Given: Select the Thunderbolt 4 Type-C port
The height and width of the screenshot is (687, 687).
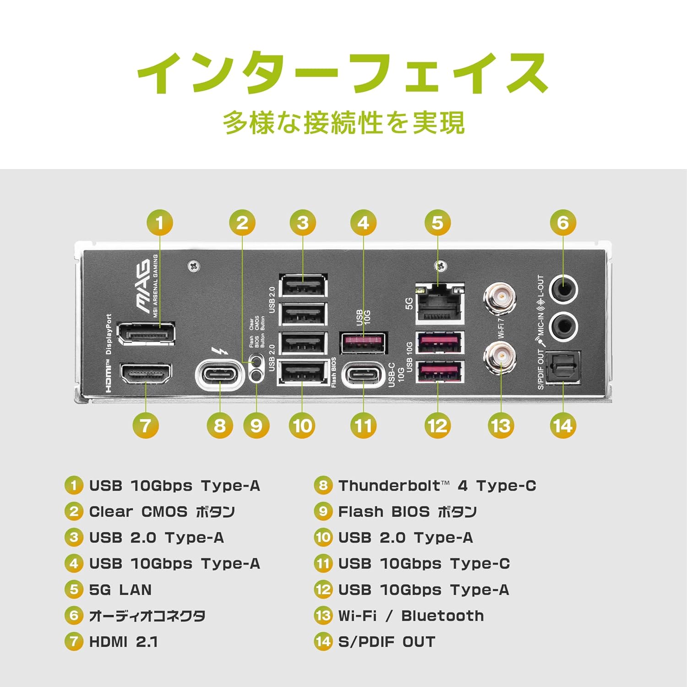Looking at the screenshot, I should (x=220, y=375).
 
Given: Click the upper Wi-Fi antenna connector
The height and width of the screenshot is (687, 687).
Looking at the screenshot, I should (x=501, y=298).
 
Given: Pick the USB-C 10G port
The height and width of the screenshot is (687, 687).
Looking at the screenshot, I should (x=364, y=375).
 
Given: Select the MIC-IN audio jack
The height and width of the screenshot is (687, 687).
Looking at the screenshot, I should (x=563, y=326).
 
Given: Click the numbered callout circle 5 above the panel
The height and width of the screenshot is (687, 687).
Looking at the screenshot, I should (x=437, y=223).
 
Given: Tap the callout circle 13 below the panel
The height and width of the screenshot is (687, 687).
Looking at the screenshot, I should (x=501, y=425).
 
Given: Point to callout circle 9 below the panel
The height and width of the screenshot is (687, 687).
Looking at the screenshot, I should (x=256, y=425).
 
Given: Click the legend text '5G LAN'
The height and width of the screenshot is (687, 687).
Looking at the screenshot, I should (x=120, y=589).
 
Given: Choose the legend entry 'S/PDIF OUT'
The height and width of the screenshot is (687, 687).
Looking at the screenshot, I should (x=387, y=642).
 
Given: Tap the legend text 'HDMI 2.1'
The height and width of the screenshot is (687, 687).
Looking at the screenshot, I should (x=123, y=642).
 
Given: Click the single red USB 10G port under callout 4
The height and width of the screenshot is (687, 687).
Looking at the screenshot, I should (x=364, y=343).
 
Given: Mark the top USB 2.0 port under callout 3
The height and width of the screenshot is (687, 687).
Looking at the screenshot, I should (x=303, y=287).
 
